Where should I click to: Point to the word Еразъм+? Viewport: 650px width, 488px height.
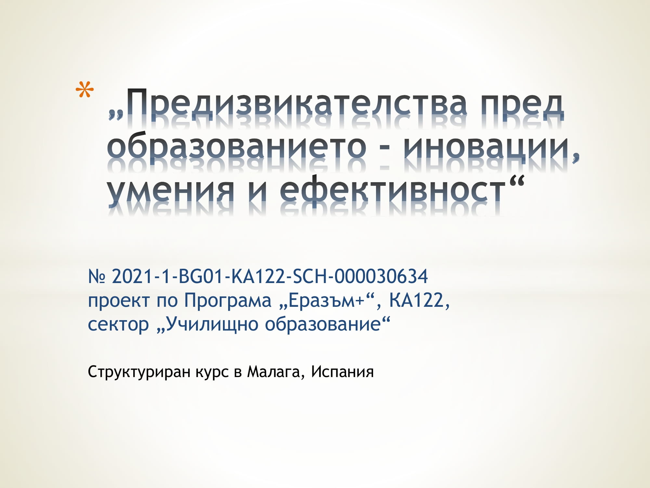pos(326,300)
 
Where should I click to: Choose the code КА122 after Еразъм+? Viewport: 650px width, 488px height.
pos(416,300)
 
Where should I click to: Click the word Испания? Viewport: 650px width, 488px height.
pos(342,372)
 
